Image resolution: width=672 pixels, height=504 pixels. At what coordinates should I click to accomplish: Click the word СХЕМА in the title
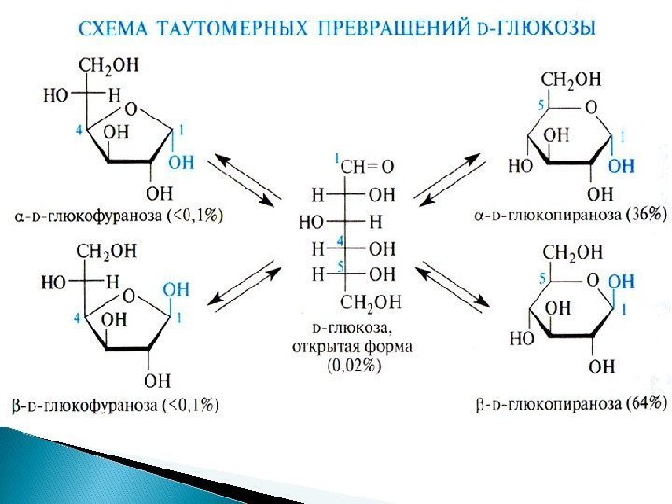tap(114, 28)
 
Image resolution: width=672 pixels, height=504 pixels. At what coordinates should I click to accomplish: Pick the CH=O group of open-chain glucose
tap(366, 166)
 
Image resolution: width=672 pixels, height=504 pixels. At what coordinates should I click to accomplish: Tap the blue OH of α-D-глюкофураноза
tap(182, 162)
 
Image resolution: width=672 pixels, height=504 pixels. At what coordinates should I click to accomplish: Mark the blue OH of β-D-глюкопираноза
tap(621, 281)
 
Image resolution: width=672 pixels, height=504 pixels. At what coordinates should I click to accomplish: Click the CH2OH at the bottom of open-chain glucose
tap(371, 301)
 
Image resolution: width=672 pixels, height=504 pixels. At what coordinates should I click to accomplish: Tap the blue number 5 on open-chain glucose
tap(341, 267)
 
